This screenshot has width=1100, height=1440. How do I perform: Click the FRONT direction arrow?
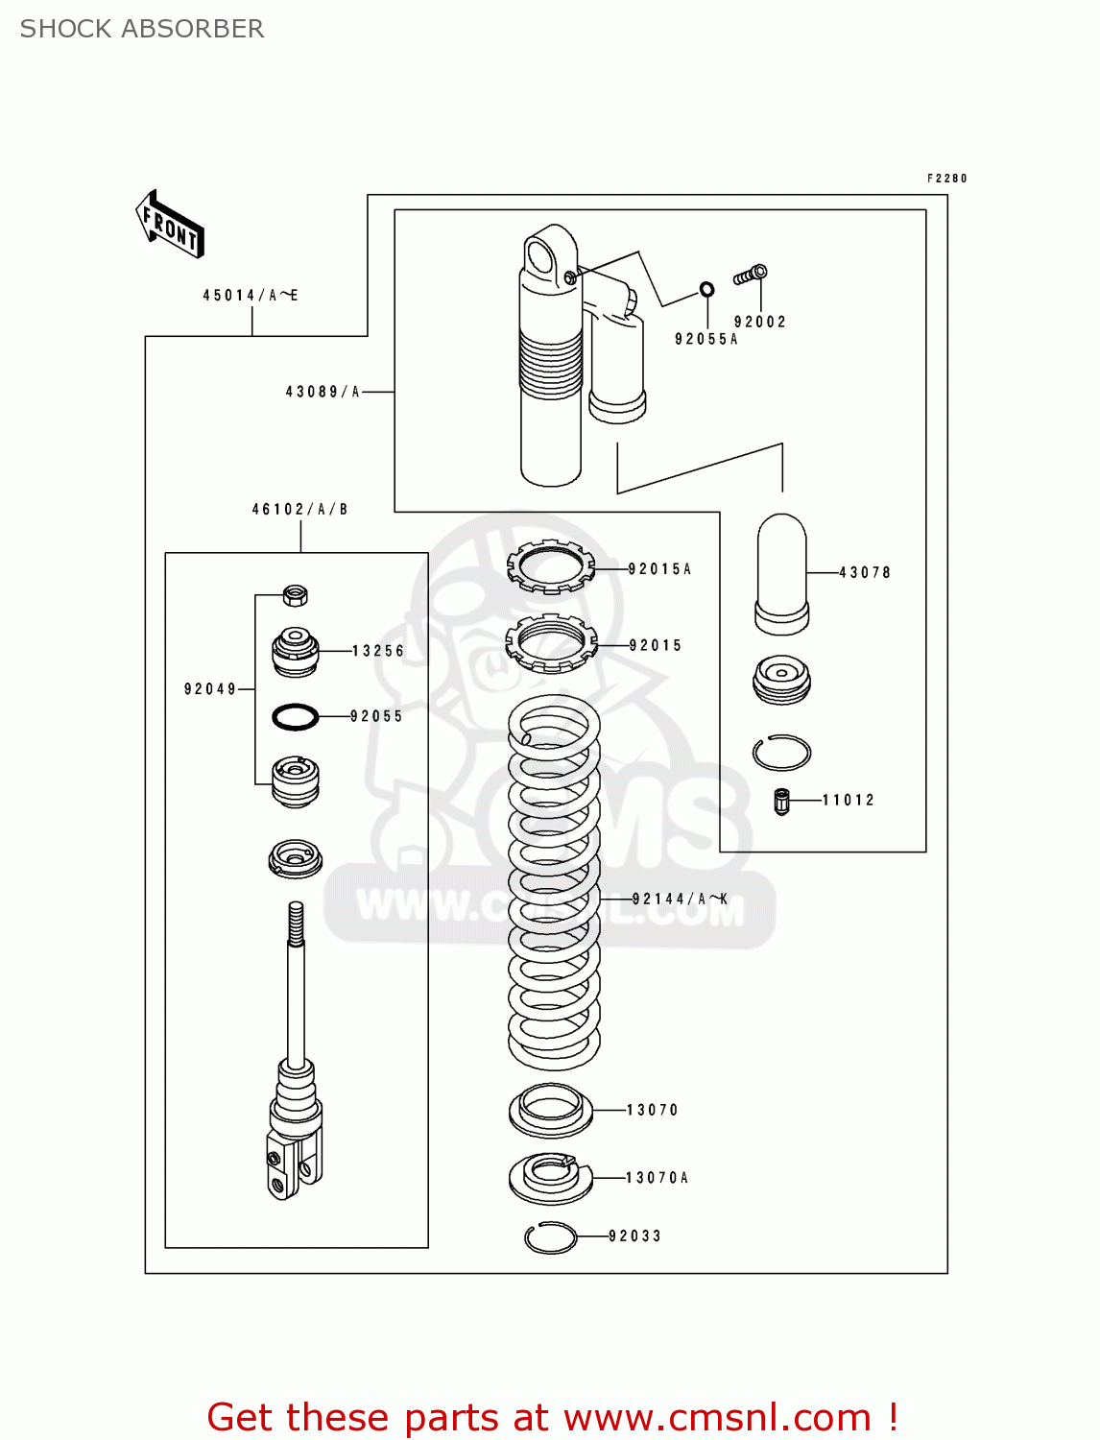pos(170,224)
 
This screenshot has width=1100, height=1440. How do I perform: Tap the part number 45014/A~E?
pos(250,296)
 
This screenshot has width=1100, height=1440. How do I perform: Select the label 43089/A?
pos(323,392)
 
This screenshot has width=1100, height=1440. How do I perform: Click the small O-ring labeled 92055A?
pos(706,289)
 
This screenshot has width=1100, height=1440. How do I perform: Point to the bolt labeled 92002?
pos(751,276)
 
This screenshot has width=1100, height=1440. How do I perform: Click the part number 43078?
pos(865,573)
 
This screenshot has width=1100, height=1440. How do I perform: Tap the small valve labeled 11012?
pos(781,801)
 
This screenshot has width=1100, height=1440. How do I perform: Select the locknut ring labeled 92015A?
pos(550,566)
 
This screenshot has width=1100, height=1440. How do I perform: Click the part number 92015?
pos(656,646)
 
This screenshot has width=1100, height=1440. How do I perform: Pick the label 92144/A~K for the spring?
pos(680,900)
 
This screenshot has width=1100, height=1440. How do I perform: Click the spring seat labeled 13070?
pos(550,1111)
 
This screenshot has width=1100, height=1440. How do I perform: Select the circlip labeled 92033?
pos(550,1237)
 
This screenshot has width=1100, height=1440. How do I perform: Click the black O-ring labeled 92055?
pos(295,716)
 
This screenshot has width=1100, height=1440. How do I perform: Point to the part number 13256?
pos(378,651)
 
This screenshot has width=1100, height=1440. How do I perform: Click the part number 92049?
pos(210,689)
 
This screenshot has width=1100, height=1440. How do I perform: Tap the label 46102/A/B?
pos(299,510)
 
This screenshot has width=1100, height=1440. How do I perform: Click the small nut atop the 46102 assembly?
pos(296,595)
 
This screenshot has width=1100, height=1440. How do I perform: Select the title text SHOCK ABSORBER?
pos(142,29)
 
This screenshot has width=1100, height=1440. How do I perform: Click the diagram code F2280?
pos(946,179)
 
